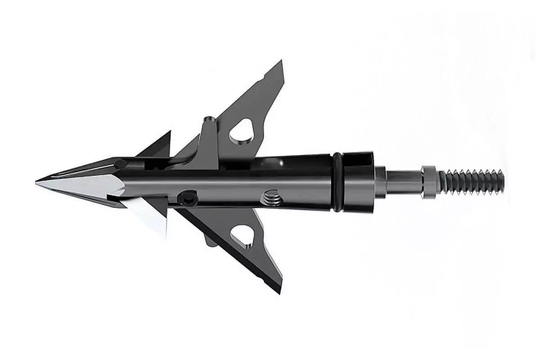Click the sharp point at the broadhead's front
click(x=37, y=182)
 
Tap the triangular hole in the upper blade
click(x=241, y=131)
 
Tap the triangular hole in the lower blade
click(x=242, y=235)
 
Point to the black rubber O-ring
click(x=337, y=180)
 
